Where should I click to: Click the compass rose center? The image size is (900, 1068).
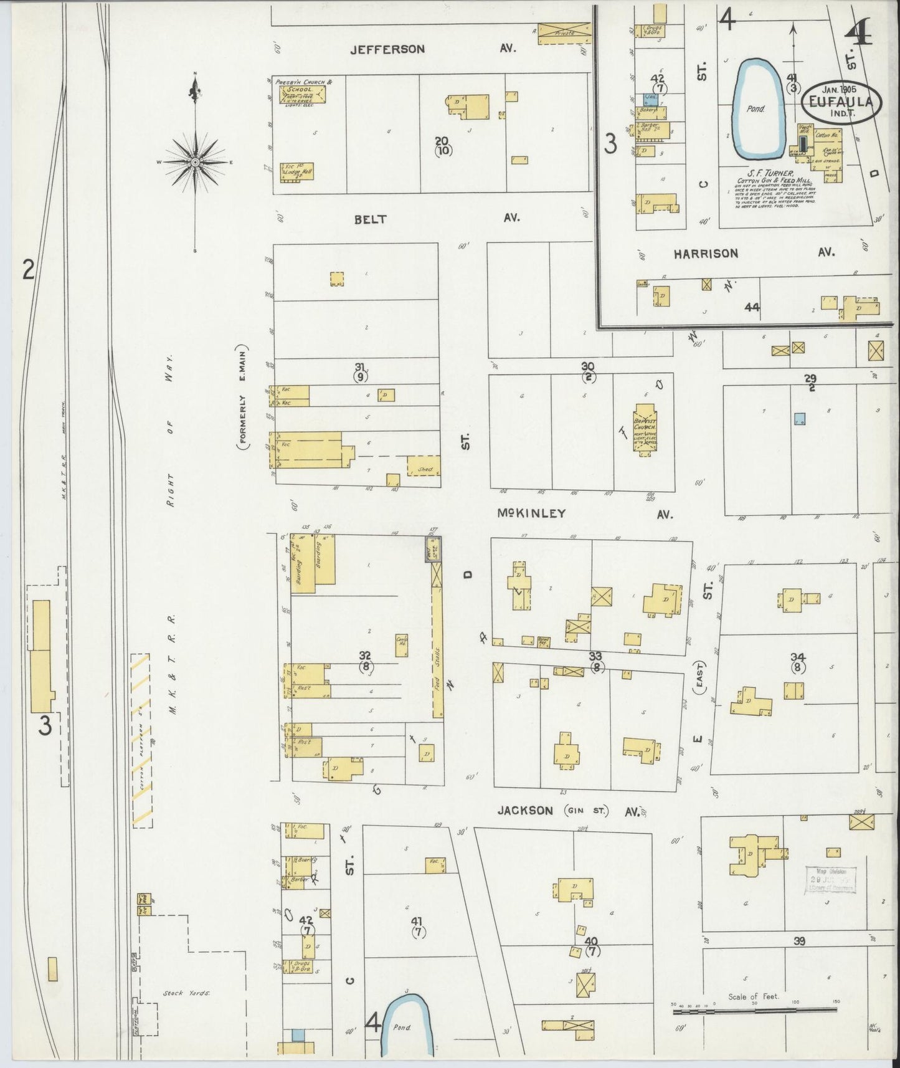point(196,162)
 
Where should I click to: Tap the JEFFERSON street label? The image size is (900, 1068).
point(387,49)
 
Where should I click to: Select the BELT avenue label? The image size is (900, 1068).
point(371,219)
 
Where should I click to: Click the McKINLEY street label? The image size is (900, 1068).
point(531,513)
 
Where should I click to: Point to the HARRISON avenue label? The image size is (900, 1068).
point(705,254)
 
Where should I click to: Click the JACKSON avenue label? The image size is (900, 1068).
point(525,811)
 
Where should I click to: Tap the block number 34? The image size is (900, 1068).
point(798,658)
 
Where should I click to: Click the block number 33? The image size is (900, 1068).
point(596,657)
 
